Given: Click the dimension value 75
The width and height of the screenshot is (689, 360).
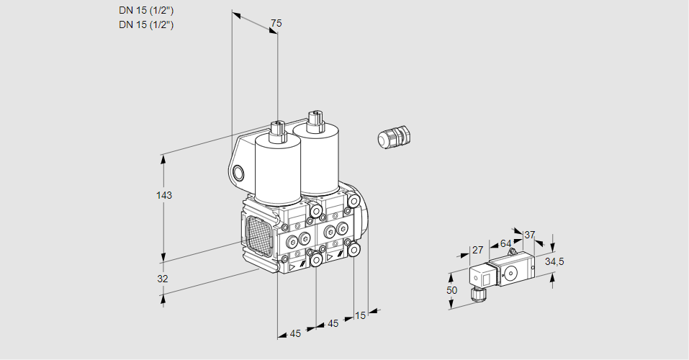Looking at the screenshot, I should click(276, 24).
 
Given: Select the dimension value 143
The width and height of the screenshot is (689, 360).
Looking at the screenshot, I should click(165, 195).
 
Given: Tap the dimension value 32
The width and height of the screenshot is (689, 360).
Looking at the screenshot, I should click(163, 279).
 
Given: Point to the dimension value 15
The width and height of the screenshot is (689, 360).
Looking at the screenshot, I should click(361, 315).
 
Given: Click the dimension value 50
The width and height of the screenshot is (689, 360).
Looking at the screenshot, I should click(451, 290).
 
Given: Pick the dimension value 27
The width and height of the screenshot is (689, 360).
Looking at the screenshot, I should click(477, 250).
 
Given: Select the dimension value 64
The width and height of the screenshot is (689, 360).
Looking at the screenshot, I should click(505, 243).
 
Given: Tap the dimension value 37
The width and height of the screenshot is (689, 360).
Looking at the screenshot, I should click(530, 235).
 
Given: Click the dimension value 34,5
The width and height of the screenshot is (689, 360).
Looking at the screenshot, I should click(554, 261).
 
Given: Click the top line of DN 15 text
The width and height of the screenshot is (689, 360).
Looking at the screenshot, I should click(146, 11).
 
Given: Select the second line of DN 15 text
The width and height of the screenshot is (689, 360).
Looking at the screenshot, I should click(146, 24).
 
